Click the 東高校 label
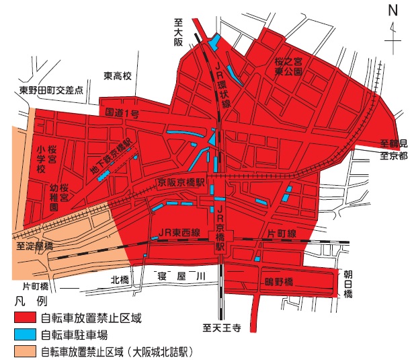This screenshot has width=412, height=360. (120, 76)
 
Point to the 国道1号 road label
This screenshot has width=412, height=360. (121, 114)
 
